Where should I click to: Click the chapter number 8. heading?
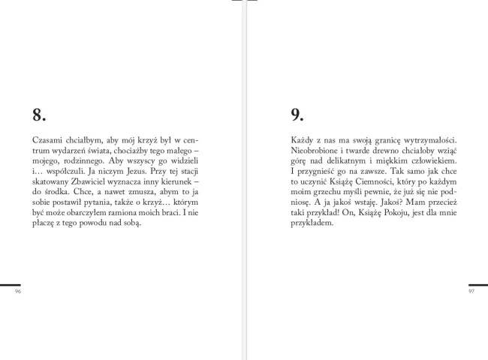40,115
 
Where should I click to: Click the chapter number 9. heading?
297,115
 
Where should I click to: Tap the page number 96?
18,291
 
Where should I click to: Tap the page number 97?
471,291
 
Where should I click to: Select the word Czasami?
47,139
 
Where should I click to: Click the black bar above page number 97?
478,285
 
